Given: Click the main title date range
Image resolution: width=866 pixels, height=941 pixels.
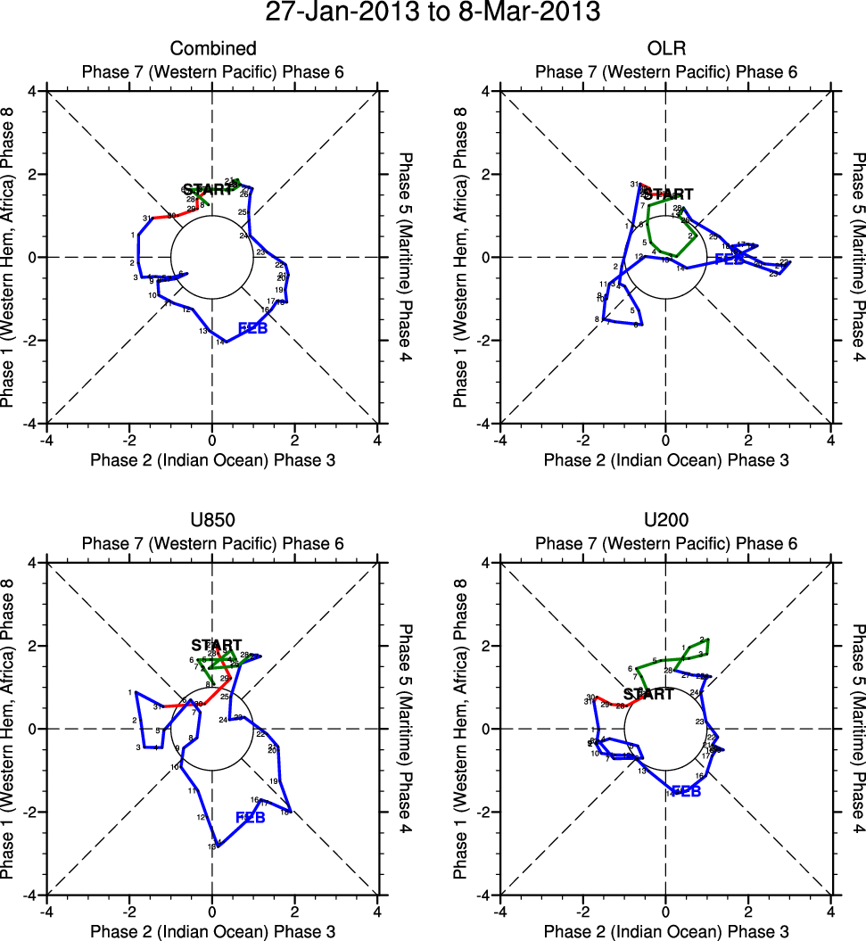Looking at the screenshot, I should pyautogui.click(x=433, y=13).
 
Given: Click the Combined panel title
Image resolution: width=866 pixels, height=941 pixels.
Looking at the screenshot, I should pyautogui.click(x=212, y=48).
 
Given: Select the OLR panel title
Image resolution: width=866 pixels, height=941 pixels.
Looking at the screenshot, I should pyautogui.click(x=665, y=48).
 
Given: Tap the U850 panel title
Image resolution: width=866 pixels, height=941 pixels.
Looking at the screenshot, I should pyautogui.click(x=212, y=521).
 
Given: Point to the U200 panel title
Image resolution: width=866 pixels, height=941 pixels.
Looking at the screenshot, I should pyautogui.click(x=665, y=521).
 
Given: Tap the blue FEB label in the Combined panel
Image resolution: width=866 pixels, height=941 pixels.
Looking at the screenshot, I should pyautogui.click(x=253, y=328).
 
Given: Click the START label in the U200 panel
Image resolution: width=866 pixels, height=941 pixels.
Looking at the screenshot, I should pyautogui.click(x=648, y=694).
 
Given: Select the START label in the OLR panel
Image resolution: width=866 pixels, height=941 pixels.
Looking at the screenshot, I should pyautogui.click(x=668, y=194).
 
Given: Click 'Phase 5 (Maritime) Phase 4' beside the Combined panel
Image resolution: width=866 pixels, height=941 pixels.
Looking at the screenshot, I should pyautogui.click(x=408, y=257).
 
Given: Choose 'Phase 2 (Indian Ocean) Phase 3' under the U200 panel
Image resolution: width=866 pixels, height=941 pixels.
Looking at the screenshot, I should pyautogui.click(x=665, y=931).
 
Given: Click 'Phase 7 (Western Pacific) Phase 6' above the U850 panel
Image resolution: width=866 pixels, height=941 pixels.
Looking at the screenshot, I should pyautogui.click(x=212, y=543).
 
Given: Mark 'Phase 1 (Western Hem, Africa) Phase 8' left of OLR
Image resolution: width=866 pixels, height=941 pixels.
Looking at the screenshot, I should pyautogui.click(x=460, y=257).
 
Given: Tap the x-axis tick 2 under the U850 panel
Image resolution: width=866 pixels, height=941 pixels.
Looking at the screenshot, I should pyautogui.click(x=295, y=911).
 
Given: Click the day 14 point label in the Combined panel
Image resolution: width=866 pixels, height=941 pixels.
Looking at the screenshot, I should pyautogui.click(x=220, y=342).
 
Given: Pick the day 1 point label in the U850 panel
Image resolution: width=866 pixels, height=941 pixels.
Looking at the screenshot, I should pyautogui.click(x=130, y=692).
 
